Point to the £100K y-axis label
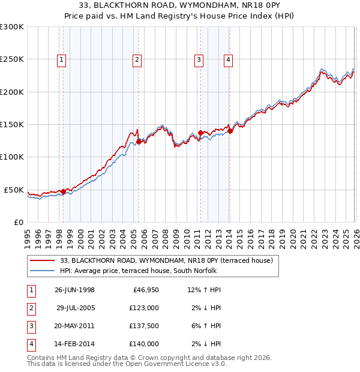pyautogui.click(x=12, y=157)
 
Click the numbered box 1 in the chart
pyautogui.click(x=62, y=59)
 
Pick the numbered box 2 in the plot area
pyautogui.click(x=137, y=59)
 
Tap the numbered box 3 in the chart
pyautogui.click(x=199, y=59)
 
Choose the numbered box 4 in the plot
pyautogui.click(x=229, y=59)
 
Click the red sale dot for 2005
pyautogui.click(x=139, y=142)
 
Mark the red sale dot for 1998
pyautogui.click(x=64, y=191)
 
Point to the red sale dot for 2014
pyautogui.click(x=230, y=131)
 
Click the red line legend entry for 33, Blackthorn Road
pyautogui.click(x=166, y=260)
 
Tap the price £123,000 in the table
pyautogui.click(x=144, y=308)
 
